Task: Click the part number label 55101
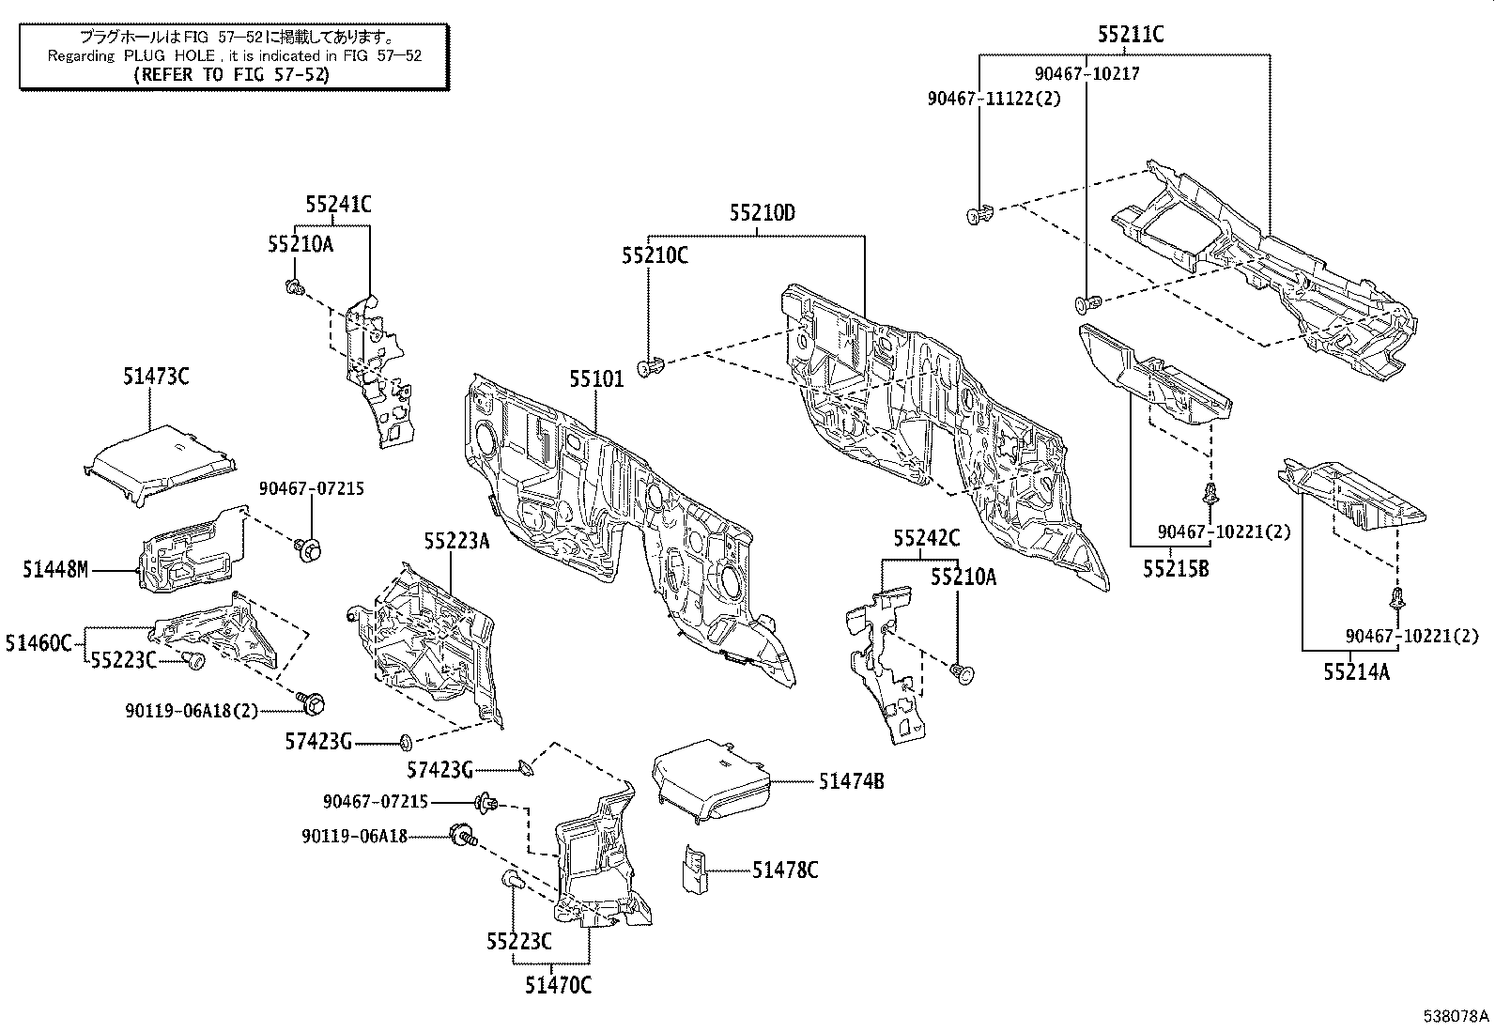click(596, 379)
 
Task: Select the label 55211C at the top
click(1131, 35)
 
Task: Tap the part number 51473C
click(156, 377)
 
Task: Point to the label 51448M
click(55, 569)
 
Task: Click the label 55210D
click(763, 213)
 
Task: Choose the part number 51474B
click(851, 781)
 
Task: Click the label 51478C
click(785, 870)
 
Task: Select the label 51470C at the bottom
click(558, 985)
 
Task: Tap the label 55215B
click(1176, 569)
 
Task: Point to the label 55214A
click(1356, 671)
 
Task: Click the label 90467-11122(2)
click(994, 99)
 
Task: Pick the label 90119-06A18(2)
click(192, 710)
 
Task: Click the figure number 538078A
click(1456, 1016)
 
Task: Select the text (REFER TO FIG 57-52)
click(232, 74)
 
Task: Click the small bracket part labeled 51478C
click(695, 870)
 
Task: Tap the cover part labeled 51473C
click(161, 465)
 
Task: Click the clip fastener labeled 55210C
click(652, 366)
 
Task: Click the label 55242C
click(926, 537)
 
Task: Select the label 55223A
click(456, 541)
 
